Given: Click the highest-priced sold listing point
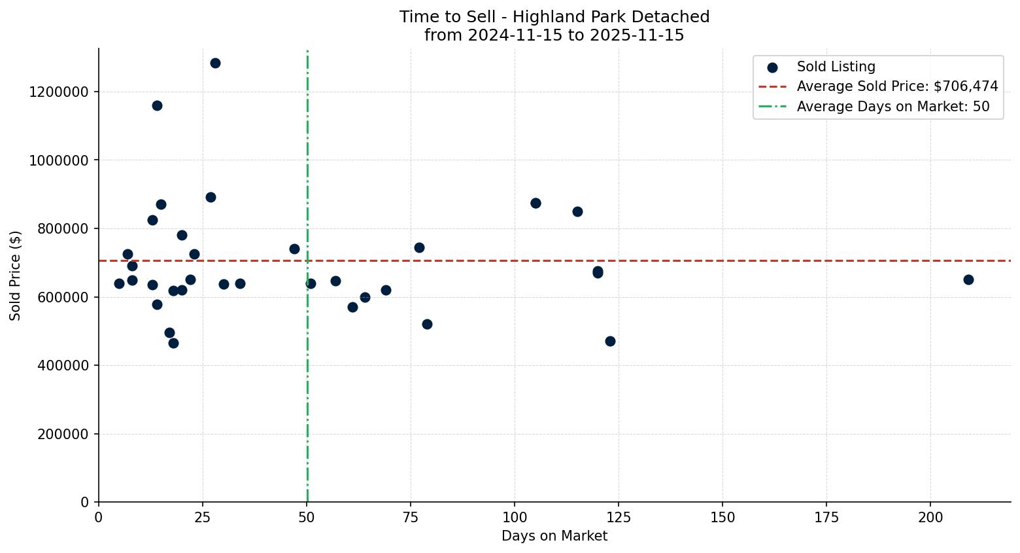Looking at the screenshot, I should (x=215, y=63).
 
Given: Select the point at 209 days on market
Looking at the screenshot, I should (x=968, y=280).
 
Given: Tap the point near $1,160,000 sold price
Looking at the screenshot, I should (x=157, y=106).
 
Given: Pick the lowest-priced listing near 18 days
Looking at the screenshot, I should (x=173, y=344).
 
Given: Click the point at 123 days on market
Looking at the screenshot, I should (x=610, y=342).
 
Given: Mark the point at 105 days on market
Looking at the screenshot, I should (x=535, y=204).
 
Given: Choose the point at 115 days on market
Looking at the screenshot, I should (x=577, y=212).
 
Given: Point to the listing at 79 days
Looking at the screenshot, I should (x=427, y=325).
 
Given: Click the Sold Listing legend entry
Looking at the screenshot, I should (x=836, y=67).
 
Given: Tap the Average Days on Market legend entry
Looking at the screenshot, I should (x=892, y=107).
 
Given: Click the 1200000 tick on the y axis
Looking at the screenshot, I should (x=59, y=92).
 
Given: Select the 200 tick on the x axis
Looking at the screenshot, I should (x=930, y=518).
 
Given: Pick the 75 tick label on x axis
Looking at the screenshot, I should (x=411, y=518).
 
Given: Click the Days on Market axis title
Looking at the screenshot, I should (x=554, y=537).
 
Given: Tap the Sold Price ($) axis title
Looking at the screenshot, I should (x=16, y=276).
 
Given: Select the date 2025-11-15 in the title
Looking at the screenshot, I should (x=637, y=35).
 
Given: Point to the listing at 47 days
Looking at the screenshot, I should (x=294, y=249).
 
